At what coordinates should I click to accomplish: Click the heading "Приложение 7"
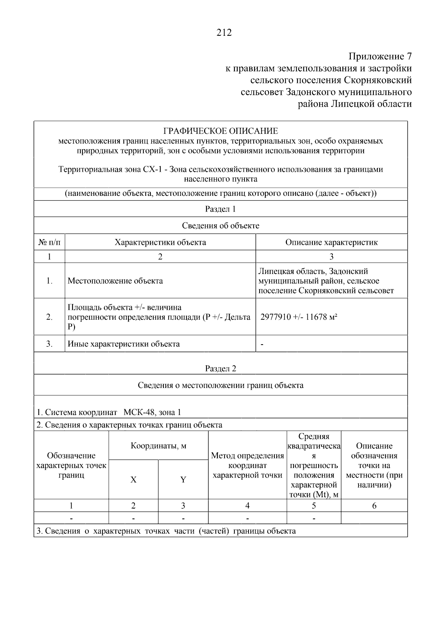point(380,57)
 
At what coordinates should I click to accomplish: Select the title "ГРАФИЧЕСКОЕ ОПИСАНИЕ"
point(220,131)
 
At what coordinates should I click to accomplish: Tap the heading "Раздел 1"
point(220,209)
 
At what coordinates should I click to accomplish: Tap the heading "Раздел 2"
point(220,368)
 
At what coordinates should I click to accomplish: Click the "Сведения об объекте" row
point(220,225)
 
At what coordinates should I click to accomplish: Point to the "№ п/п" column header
point(49,242)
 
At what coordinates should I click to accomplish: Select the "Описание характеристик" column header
point(331,242)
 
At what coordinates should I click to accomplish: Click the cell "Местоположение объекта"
point(115,281)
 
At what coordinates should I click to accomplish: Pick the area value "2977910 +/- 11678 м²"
point(299,317)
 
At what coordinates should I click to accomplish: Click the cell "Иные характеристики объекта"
point(124,344)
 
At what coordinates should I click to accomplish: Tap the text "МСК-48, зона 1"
point(152,412)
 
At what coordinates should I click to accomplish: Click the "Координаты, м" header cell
point(158,446)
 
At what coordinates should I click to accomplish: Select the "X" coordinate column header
point(134,480)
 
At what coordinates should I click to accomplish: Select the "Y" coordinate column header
point(183,480)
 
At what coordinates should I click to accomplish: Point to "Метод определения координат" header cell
point(247,465)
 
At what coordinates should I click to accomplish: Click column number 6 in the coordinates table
point(374,506)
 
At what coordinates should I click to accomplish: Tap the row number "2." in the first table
point(49,317)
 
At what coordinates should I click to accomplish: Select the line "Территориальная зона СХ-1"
point(110,170)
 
